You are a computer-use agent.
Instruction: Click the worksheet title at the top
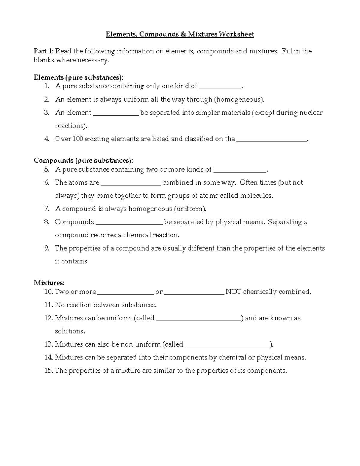[x=180, y=34]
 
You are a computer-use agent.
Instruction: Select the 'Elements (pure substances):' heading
[x=78, y=77]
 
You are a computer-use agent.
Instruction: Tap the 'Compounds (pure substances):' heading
[x=83, y=161]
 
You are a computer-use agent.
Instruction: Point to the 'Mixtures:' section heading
[x=49, y=283]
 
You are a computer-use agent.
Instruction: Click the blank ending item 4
[x=272, y=140]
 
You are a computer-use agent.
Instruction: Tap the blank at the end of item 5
[x=239, y=171]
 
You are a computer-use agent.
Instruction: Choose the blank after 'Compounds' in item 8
[x=129, y=223]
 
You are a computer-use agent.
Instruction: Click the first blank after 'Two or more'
[x=125, y=293]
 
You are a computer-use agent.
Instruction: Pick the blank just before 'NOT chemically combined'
[x=194, y=293]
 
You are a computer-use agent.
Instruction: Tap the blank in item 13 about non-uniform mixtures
[x=227, y=346]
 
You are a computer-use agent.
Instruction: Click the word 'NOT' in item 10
[x=233, y=292]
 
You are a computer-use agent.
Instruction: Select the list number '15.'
[x=49, y=371]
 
